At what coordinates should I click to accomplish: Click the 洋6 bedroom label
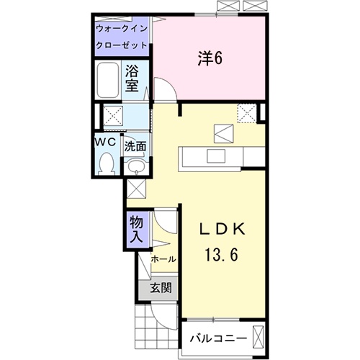tap(210, 58)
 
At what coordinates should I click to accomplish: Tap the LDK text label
tap(222, 229)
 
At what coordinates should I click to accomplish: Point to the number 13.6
tap(222, 254)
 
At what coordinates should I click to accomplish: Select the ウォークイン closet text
tap(122, 28)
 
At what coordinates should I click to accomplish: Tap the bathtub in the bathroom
tap(107, 80)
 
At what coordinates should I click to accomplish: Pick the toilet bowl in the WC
tap(107, 163)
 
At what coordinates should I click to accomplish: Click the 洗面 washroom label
tap(135, 145)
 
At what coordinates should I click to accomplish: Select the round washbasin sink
tap(135, 168)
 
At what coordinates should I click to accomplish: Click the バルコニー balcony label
tap(217, 338)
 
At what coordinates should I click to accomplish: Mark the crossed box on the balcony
tap(258, 337)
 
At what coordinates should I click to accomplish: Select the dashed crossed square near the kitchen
tap(247, 113)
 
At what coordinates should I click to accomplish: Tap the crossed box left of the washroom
tap(112, 115)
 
